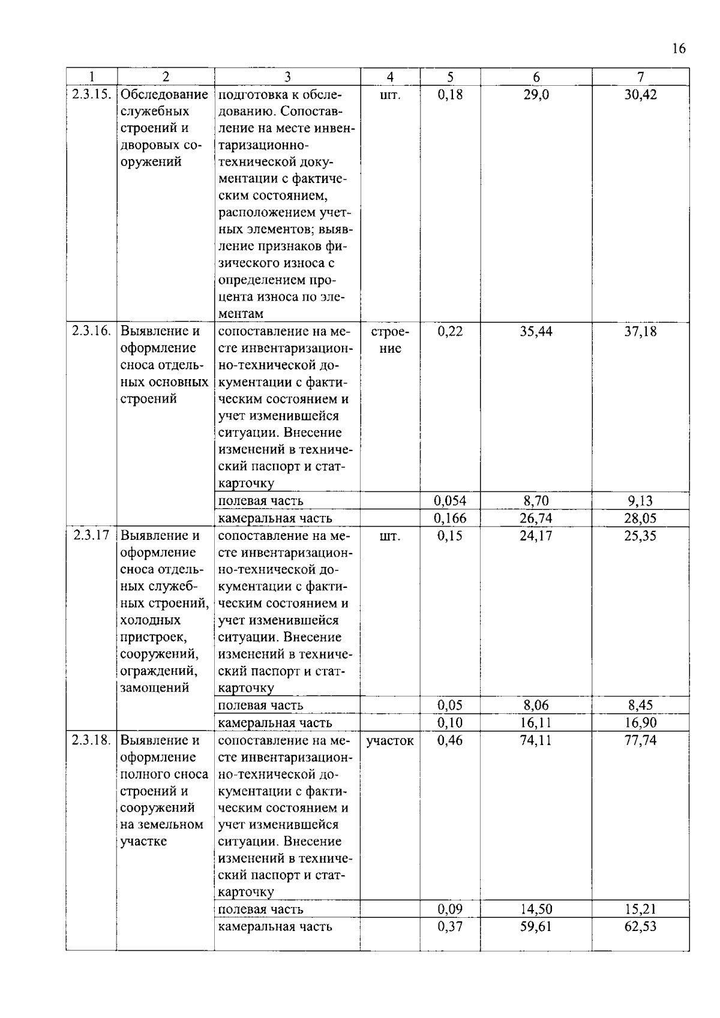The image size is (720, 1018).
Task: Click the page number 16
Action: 679,49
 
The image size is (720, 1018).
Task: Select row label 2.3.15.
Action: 91,95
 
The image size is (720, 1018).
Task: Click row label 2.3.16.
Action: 91,331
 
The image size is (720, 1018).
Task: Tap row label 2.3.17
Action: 91,536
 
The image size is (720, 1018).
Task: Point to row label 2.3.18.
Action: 91,740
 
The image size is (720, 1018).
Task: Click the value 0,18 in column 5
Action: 450,95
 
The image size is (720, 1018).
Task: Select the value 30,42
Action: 640,95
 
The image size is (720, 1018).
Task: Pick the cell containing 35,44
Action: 536,331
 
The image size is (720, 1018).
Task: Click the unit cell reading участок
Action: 390,741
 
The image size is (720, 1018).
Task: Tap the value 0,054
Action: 450,501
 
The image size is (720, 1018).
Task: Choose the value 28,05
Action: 640,518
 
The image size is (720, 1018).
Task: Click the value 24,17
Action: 536,536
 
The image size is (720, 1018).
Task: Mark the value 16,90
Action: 640,723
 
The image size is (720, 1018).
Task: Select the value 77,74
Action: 640,740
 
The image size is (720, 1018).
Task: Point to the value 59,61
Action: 536,927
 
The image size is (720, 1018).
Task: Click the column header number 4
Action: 390,77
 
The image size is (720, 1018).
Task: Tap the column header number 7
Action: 640,77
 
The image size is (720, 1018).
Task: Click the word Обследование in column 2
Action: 164,95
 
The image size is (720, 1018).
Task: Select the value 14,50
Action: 536,909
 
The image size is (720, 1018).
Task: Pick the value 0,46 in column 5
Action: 450,740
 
